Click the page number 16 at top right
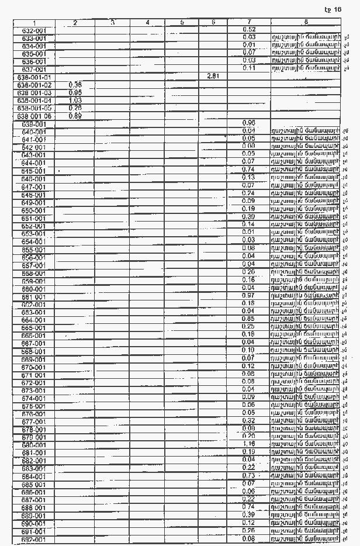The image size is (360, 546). [338, 9]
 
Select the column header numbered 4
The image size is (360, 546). [148, 22]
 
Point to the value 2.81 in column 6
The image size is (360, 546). [213, 76]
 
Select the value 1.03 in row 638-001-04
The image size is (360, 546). [75, 100]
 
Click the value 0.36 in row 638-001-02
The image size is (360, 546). [75, 84]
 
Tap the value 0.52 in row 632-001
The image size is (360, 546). [249, 29]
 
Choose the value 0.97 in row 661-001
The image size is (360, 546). [249, 296]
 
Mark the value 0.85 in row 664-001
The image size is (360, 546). [249, 319]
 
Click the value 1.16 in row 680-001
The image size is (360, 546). [249, 444]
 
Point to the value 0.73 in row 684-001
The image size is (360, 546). [249, 476]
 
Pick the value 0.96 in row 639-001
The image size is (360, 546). [249, 123]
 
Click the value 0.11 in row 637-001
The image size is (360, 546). [249, 68]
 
